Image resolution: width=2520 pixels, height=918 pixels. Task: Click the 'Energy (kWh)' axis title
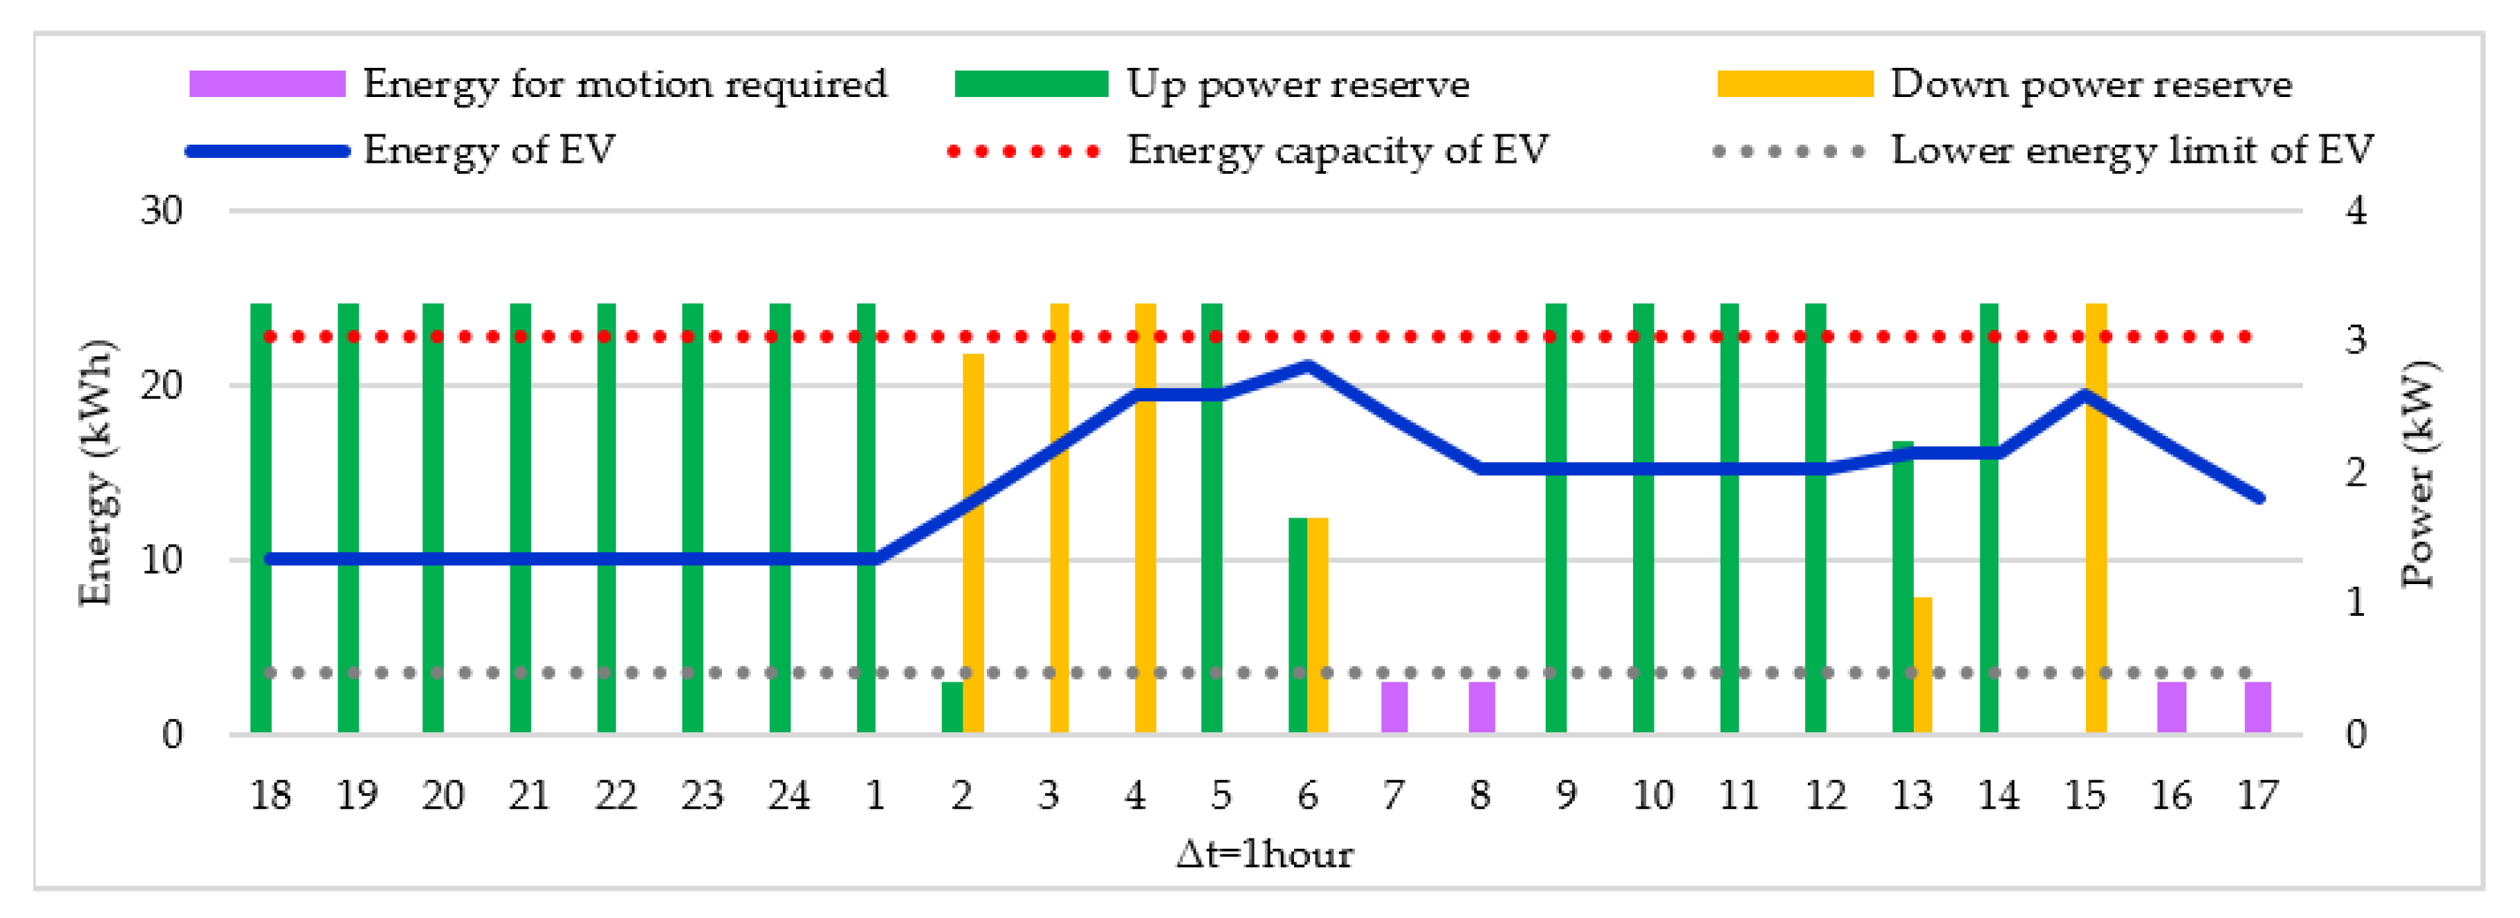96,473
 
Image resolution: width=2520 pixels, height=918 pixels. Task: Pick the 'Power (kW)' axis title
2418,473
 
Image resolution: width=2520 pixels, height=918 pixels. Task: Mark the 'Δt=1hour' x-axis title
1265,854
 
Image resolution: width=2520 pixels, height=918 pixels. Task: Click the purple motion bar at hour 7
1394,707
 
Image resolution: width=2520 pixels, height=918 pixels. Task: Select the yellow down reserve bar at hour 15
2096,518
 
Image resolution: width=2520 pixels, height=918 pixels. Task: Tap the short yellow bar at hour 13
1922,665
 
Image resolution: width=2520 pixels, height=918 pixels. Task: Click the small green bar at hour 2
952,707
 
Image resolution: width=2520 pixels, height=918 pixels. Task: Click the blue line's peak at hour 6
1308,367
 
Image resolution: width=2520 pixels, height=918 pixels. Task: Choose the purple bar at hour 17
2258,707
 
